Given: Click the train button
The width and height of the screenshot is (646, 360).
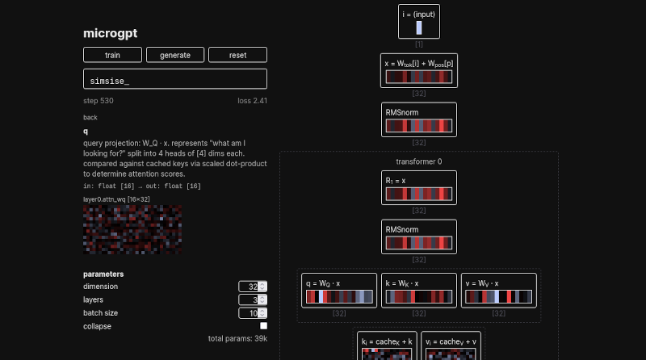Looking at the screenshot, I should (112, 55).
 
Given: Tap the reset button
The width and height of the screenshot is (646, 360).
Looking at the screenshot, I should (237, 55).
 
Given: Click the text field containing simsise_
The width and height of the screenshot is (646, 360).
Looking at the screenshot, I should (175, 79).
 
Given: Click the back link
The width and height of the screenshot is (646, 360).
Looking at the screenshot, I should (90, 117).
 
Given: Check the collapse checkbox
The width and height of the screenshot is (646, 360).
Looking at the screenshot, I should (263, 326).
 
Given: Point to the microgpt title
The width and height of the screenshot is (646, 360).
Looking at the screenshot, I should (111, 33).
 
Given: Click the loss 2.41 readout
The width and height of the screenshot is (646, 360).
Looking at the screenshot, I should (252, 101).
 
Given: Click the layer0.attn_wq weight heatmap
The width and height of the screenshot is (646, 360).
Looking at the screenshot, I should (132, 228).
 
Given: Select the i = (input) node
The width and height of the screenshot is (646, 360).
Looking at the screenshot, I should (419, 21).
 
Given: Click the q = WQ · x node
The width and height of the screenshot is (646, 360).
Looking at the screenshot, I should (339, 291).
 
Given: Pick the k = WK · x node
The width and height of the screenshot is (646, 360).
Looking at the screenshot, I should (418, 291).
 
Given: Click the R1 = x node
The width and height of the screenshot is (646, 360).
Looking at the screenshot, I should (418, 187).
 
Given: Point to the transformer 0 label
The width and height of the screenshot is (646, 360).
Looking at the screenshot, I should (418, 161).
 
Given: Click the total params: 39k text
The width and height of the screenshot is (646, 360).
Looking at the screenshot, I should (237, 338).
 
